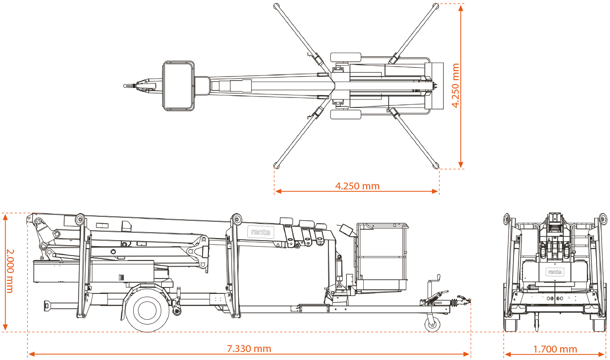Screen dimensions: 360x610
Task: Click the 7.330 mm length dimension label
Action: click(x=249, y=349)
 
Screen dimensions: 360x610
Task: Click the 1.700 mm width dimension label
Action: click(x=555, y=349)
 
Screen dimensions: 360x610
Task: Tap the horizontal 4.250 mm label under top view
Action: click(x=357, y=186)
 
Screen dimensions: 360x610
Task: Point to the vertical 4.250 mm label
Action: click(x=455, y=85)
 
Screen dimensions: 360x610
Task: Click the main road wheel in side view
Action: click(x=147, y=309)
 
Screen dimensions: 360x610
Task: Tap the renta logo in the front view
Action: click(x=554, y=271)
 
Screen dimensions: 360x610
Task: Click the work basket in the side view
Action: click(x=382, y=257)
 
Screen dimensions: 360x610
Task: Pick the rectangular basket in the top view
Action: click(x=179, y=86)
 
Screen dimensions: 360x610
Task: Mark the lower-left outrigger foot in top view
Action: click(x=277, y=165)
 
